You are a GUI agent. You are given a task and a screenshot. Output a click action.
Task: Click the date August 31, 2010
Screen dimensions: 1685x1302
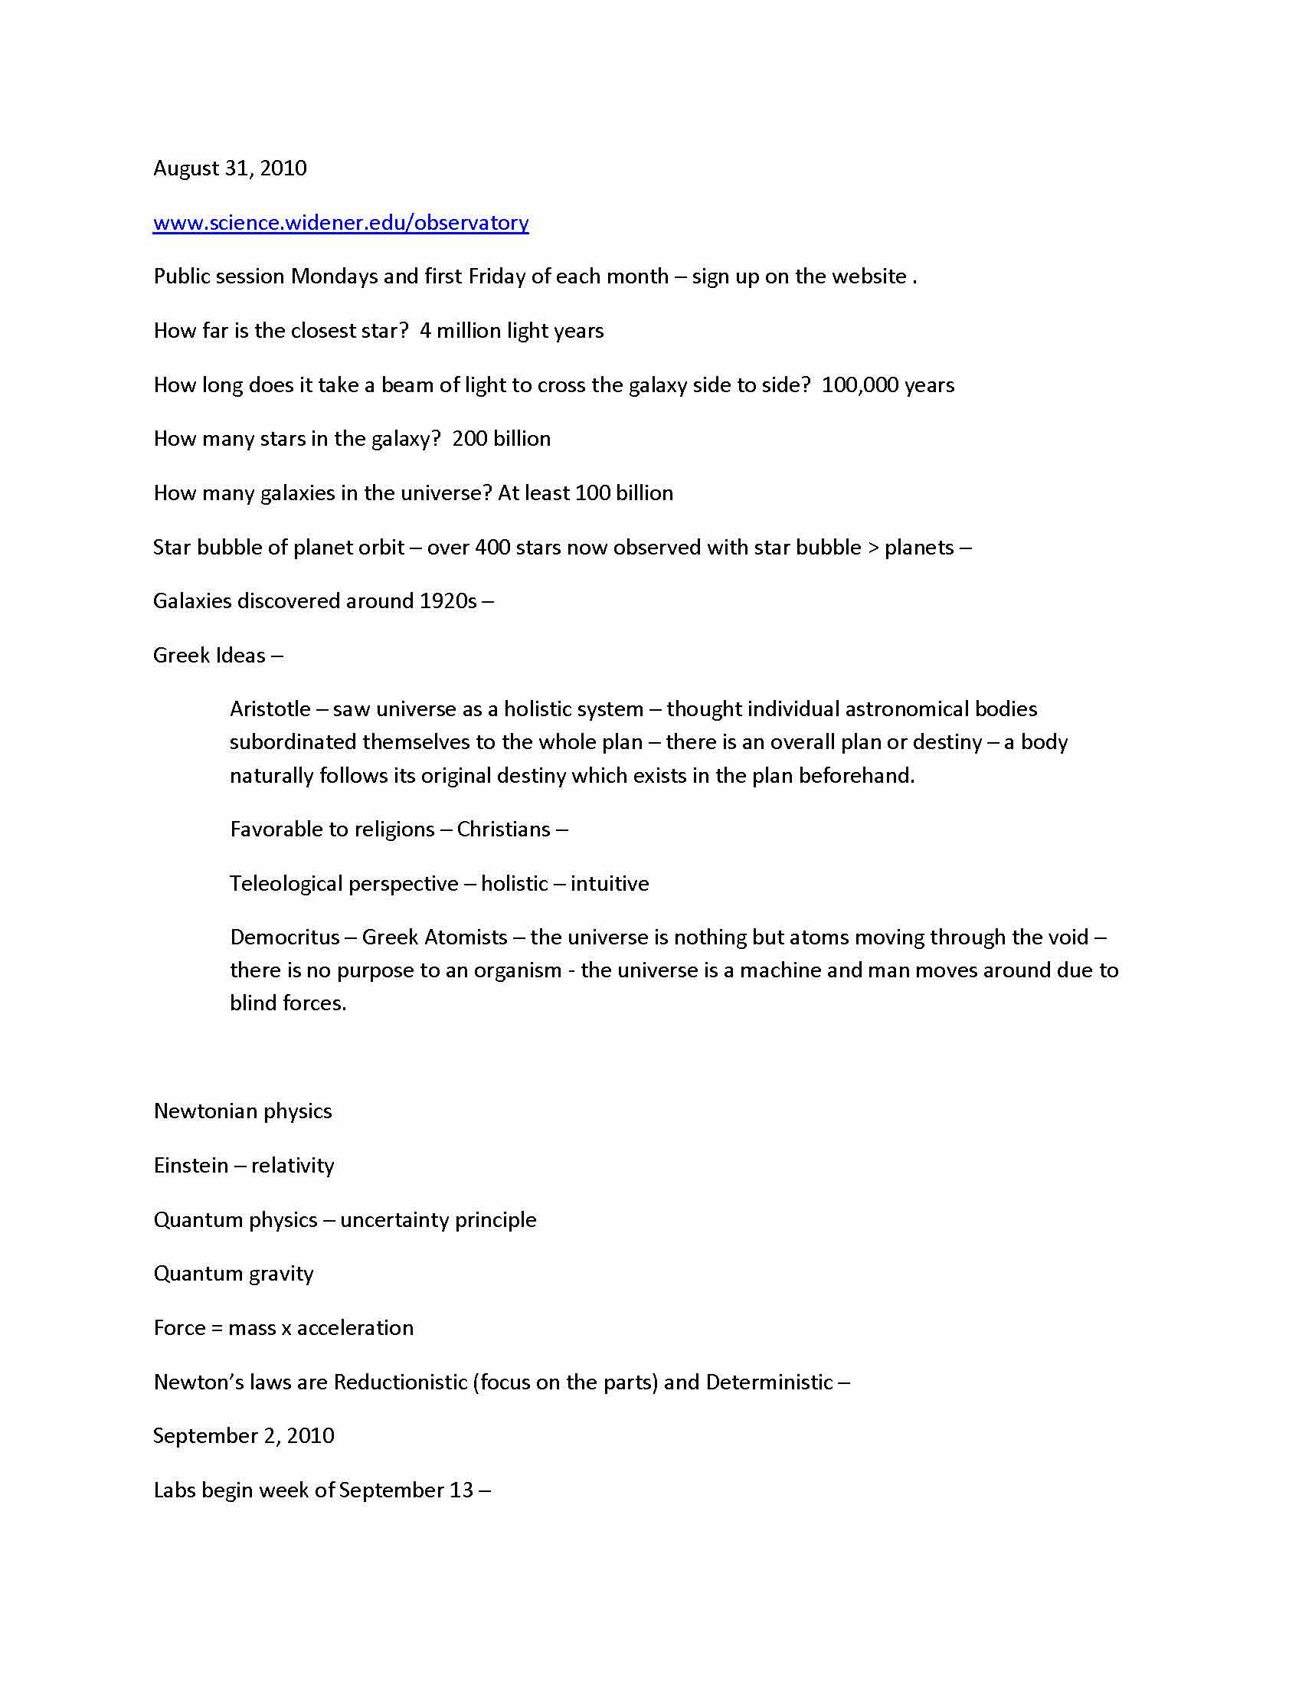tap(230, 168)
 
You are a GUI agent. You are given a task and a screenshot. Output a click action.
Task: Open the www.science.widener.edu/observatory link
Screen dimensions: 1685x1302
tap(341, 223)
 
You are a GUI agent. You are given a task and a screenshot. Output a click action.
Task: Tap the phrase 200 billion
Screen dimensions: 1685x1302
tap(502, 439)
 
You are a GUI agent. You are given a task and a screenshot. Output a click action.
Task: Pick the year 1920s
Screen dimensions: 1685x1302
tap(448, 601)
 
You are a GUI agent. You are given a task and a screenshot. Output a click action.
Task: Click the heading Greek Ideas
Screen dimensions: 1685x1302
tap(209, 656)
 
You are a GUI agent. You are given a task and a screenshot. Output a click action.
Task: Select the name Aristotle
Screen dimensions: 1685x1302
tap(270, 709)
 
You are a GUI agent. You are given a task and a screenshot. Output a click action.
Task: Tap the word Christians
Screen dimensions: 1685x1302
tap(504, 829)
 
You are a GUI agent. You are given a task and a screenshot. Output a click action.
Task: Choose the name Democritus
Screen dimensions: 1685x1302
tap(285, 937)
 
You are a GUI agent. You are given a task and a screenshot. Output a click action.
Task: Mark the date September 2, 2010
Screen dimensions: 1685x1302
tap(244, 1436)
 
